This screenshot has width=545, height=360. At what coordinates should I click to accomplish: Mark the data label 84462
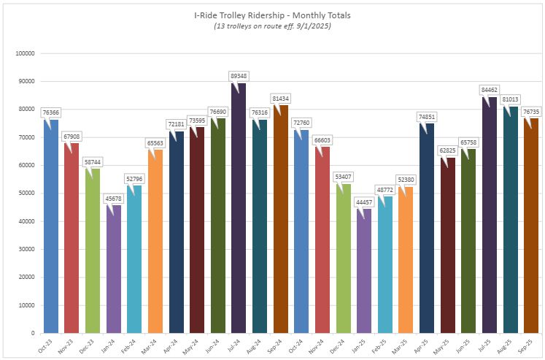pyautogui.click(x=489, y=89)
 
